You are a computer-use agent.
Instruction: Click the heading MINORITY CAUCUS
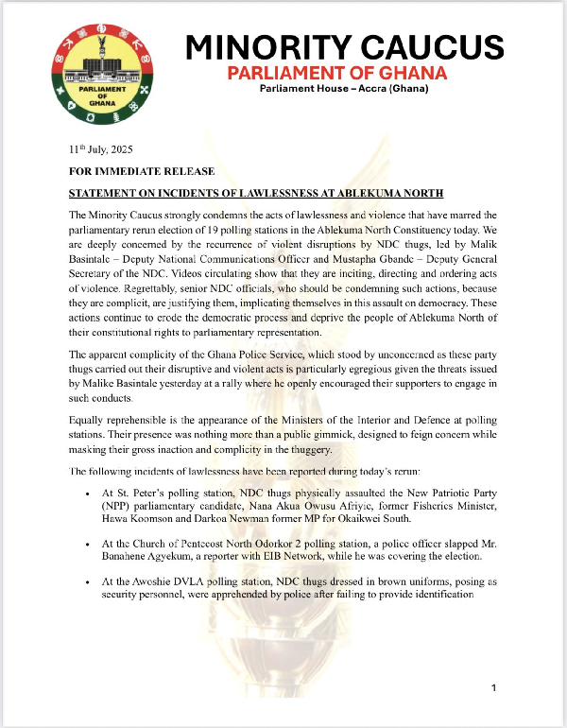point(344,46)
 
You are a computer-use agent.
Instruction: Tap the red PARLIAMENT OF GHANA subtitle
point(344,74)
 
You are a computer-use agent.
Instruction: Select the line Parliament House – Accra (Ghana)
point(344,90)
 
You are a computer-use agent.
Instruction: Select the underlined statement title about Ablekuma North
point(256,193)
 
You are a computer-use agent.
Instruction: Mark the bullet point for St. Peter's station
point(87,494)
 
